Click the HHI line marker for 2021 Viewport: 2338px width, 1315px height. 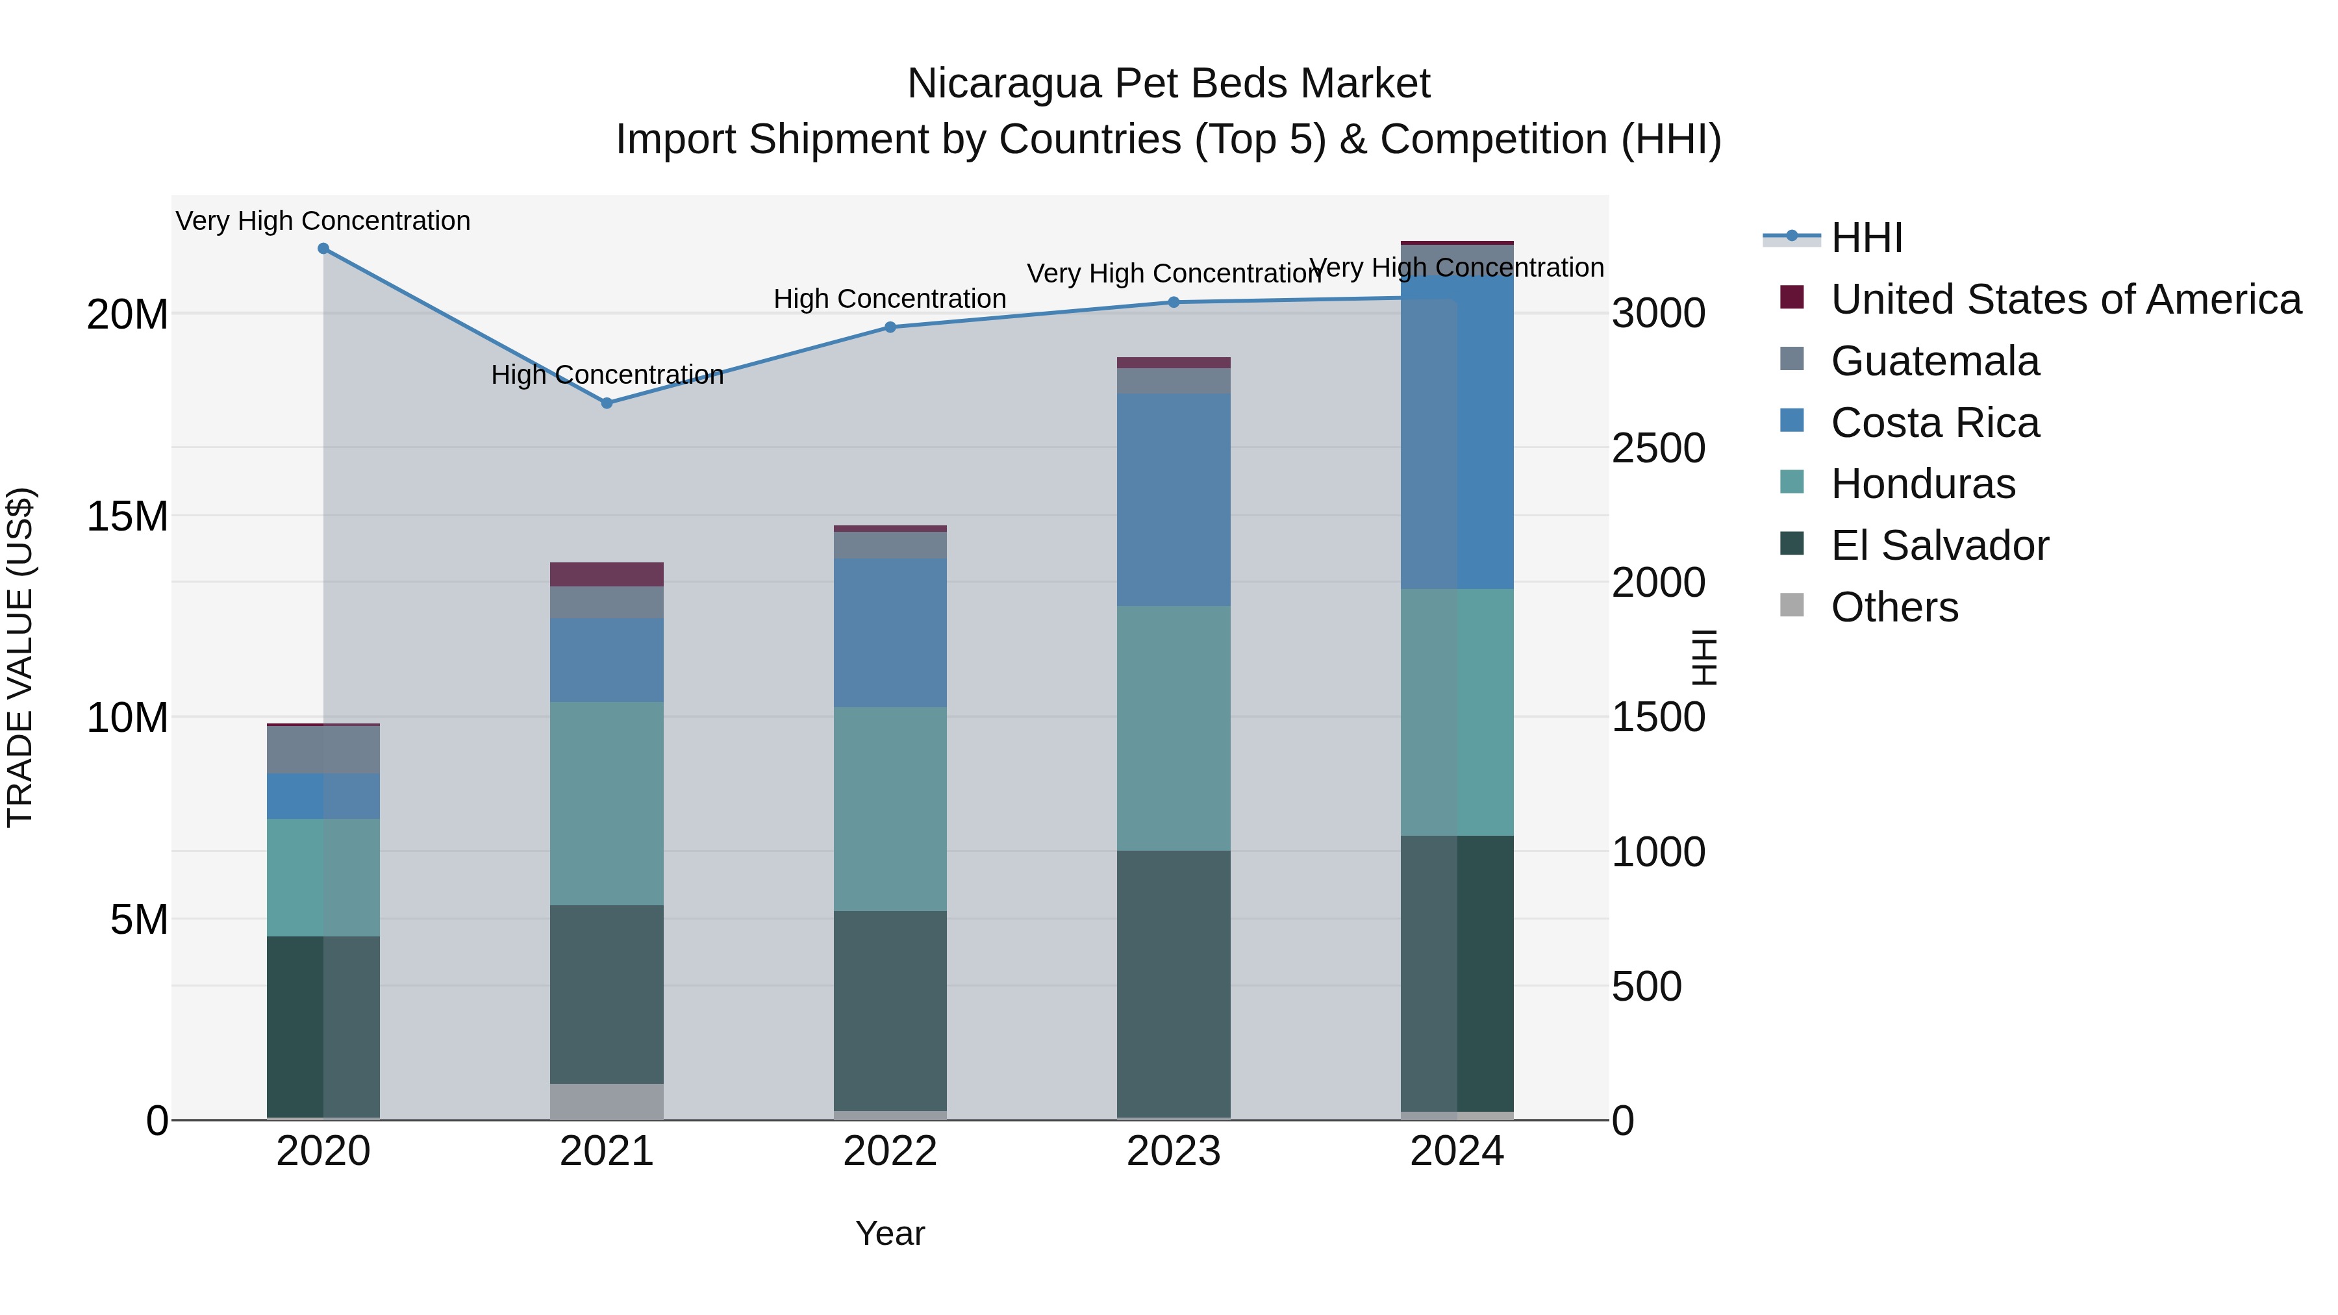tap(607, 403)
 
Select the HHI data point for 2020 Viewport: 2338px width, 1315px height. tap(323, 249)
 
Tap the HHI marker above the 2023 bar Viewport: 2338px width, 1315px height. tap(1174, 302)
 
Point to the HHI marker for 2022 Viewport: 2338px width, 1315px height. tap(890, 328)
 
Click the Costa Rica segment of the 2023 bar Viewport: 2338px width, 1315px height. tap(1174, 499)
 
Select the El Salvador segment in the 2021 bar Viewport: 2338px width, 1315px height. tap(607, 994)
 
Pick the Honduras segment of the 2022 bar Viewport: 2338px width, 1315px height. tap(890, 808)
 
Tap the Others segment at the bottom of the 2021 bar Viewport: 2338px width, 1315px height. tap(607, 1101)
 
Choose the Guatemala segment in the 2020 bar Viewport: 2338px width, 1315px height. tap(323, 749)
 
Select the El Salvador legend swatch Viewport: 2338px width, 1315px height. tap(1792, 545)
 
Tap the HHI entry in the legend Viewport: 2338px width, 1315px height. tap(1866, 238)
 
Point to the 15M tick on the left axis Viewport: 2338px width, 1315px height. tap(127, 516)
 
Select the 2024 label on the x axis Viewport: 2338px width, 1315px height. tap(1457, 1151)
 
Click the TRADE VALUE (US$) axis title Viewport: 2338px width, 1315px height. tap(20, 657)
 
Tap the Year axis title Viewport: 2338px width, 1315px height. tap(890, 1233)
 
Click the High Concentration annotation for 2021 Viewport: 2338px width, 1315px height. tap(607, 375)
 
